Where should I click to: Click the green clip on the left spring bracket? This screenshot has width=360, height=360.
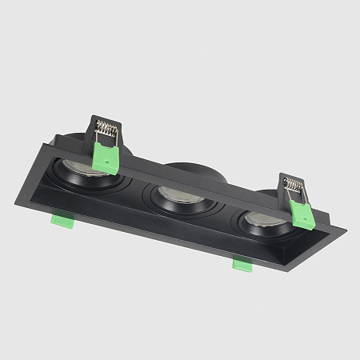coord(105,156)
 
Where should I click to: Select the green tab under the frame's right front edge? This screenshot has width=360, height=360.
coord(242,263)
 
